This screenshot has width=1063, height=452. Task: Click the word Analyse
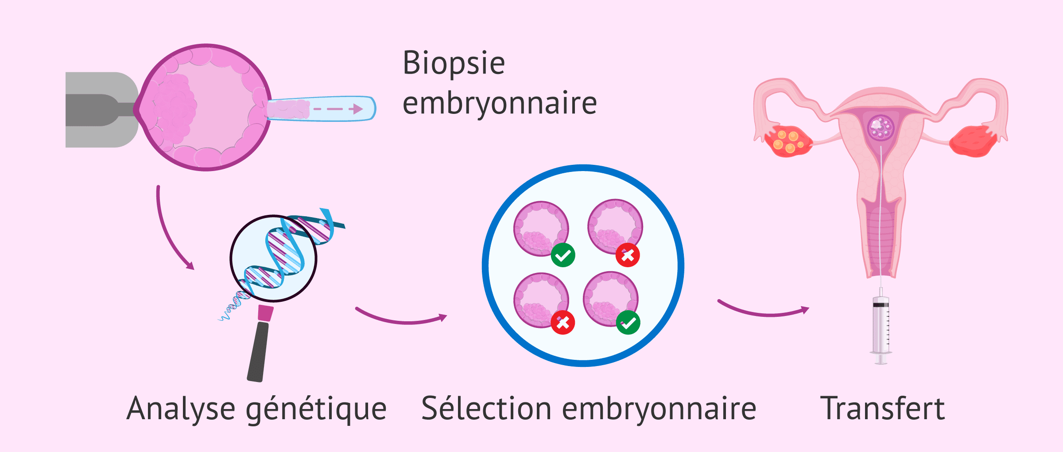181,409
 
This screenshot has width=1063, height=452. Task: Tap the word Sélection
486,408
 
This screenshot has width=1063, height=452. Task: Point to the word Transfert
882,408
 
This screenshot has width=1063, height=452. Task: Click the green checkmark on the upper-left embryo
563,255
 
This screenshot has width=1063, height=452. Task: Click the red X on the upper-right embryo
628,255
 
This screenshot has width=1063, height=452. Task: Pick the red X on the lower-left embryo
563,322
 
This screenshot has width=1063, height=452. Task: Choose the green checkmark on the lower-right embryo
628,322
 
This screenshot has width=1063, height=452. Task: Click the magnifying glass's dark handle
258,350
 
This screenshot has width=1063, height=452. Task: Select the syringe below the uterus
881,328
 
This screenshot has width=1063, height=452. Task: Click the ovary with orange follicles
788,141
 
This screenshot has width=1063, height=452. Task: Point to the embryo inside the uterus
881,128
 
